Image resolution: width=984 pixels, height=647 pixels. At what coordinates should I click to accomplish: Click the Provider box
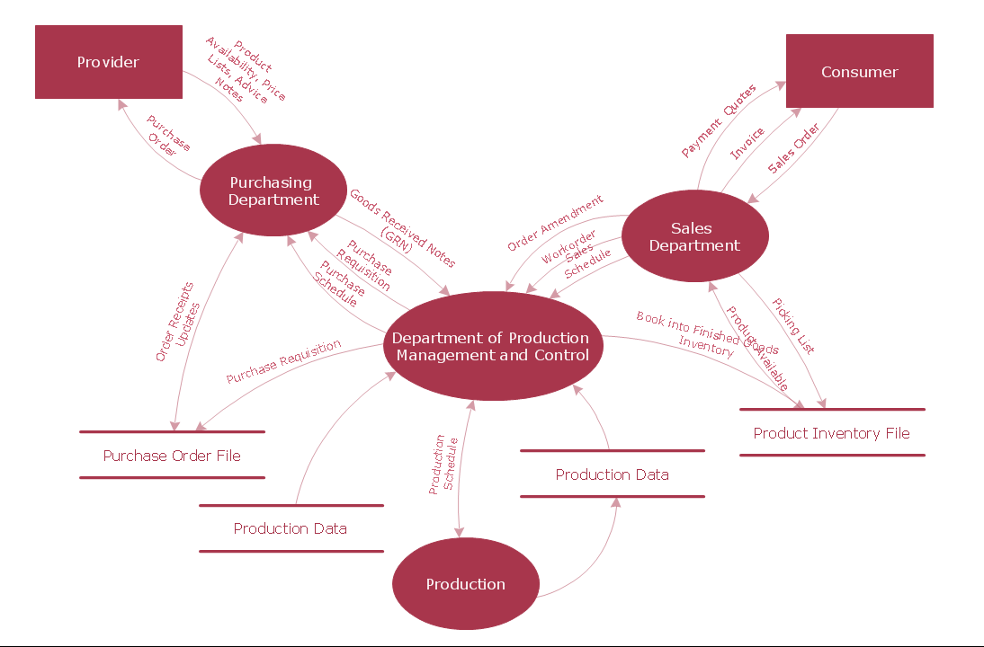[x=108, y=62]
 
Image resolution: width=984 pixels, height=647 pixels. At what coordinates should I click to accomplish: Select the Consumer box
[x=859, y=72]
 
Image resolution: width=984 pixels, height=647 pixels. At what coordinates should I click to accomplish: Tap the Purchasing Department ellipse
[x=273, y=191]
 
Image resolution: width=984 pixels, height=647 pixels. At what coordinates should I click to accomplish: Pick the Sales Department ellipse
[x=694, y=236]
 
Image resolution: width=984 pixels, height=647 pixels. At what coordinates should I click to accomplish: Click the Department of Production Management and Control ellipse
[x=492, y=346]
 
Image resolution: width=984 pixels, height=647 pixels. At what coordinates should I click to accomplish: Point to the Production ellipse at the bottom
[x=465, y=584]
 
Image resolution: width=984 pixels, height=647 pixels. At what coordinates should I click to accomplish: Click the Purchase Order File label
[x=172, y=456]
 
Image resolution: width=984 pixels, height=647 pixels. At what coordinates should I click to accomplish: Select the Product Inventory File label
[x=831, y=433]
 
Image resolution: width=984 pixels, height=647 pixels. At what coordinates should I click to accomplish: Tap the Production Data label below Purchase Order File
[x=290, y=528]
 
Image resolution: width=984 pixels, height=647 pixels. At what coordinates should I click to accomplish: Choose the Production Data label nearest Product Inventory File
[x=612, y=474]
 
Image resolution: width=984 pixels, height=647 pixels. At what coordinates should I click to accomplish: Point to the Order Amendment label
[x=555, y=224]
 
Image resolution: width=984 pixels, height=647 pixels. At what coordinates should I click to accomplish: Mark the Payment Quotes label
[x=719, y=121]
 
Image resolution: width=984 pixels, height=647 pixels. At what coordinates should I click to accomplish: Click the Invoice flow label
[x=747, y=144]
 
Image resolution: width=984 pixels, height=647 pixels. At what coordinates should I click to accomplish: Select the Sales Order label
[x=793, y=148]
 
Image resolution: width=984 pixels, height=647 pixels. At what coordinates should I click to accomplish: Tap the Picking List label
[x=794, y=326]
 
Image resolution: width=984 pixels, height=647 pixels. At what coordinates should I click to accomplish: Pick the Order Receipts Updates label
[x=176, y=321]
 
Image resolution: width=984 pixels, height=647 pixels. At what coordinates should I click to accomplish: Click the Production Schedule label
[x=443, y=465]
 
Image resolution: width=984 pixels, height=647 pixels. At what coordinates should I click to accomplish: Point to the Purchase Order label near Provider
[x=167, y=136]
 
